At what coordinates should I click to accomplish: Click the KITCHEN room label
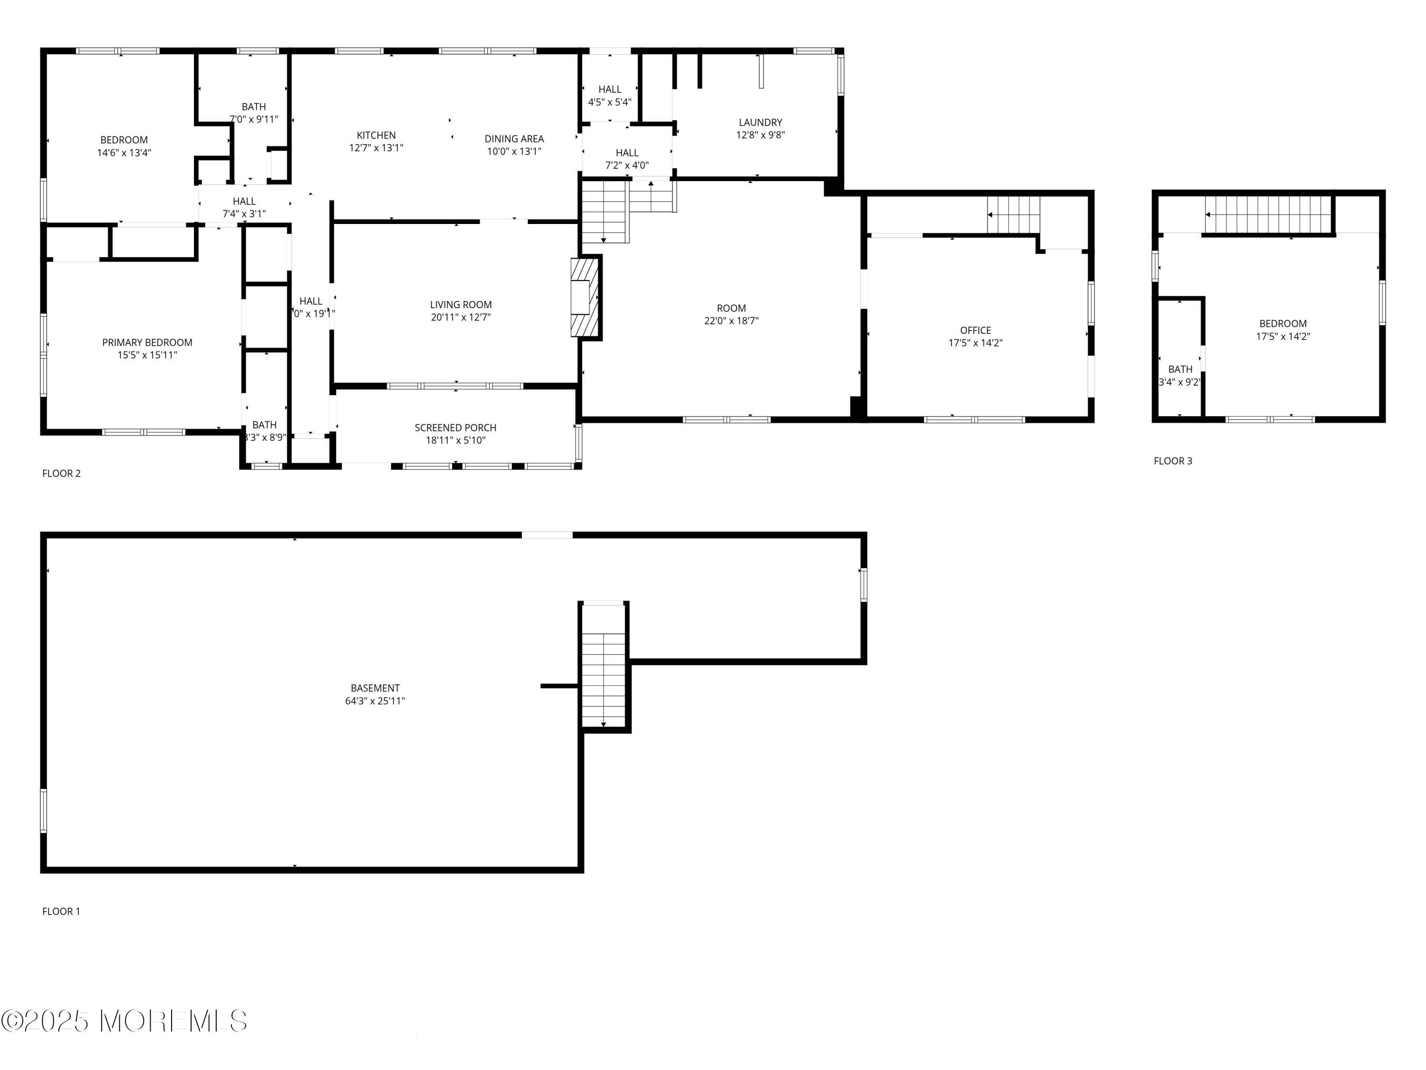click(376, 136)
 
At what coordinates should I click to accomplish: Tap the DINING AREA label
click(514, 139)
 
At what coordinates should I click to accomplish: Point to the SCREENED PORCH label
click(455, 428)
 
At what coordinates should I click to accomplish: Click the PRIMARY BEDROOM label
click(147, 342)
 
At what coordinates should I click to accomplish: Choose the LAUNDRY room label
click(760, 123)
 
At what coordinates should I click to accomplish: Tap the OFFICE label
click(975, 330)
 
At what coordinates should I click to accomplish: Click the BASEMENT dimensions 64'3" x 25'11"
click(375, 701)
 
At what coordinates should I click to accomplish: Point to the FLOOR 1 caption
click(61, 911)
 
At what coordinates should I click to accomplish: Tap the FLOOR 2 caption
click(61, 473)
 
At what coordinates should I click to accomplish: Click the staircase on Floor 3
click(1268, 215)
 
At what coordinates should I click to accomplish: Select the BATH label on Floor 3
click(1180, 370)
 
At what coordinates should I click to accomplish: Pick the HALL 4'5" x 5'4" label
click(609, 96)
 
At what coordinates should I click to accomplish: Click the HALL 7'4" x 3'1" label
click(244, 207)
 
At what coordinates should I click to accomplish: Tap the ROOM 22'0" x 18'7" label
click(731, 314)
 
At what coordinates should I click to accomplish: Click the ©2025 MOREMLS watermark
click(124, 1021)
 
